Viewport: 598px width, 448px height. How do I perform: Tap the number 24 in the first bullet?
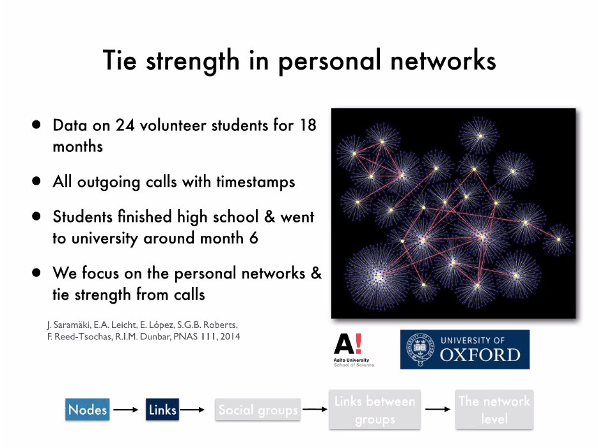(x=124, y=125)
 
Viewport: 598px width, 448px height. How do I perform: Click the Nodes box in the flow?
(x=88, y=410)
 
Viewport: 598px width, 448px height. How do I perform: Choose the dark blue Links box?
(x=162, y=410)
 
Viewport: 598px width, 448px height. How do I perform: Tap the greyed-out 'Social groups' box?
(x=258, y=410)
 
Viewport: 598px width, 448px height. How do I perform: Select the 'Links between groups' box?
(x=375, y=410)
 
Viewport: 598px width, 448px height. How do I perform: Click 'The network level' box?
(x=494, y=410)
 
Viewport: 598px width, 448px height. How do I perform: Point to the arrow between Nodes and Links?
(x=126, y=410)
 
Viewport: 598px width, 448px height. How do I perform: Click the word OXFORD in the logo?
(x=480, y=355)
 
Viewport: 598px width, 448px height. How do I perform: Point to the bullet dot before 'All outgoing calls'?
(x=38, y=181)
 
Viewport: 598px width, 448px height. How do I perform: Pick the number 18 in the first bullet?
(x=307, y=125)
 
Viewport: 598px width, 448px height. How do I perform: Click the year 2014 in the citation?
(x=228, y=336)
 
